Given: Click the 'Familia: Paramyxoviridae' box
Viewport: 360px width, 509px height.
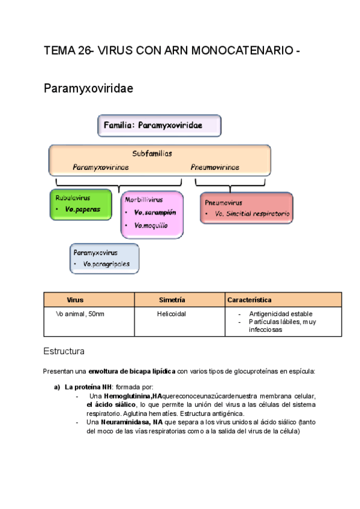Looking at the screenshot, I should coord(159,126).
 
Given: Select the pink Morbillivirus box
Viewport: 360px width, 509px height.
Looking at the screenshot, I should coord(152,214).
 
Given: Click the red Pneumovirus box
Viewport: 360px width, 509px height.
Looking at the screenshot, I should coord(246,208).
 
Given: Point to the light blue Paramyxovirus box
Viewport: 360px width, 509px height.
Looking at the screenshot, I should coord(104,258).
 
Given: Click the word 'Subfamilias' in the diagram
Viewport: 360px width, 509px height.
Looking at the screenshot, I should coord(152,154).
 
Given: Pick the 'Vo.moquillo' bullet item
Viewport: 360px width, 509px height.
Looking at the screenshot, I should coord(151,226).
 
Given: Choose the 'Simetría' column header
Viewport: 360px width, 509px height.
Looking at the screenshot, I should coord(172,300).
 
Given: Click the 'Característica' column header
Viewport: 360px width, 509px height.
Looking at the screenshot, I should coord(249,300).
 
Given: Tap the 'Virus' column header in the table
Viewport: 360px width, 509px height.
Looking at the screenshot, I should coord(75,300).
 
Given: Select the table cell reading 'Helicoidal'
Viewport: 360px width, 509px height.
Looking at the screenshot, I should coord(172,314).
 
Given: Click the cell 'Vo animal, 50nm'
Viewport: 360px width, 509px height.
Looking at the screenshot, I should coord(80,314).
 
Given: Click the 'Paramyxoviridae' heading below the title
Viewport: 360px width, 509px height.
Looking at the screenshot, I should coord(88,89).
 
